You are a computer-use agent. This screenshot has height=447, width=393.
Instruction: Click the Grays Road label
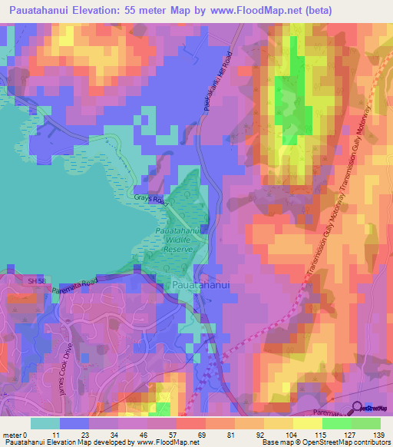pyautogui.click(x=150, y=200)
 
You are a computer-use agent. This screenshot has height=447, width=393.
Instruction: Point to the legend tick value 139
pyautogui.click(x=378, y=434)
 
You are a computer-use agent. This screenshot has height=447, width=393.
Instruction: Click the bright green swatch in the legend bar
pyautogui.click(x=336, y=423)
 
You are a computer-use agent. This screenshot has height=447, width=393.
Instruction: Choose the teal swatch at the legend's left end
pyautogui.click(x=45, y=423)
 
